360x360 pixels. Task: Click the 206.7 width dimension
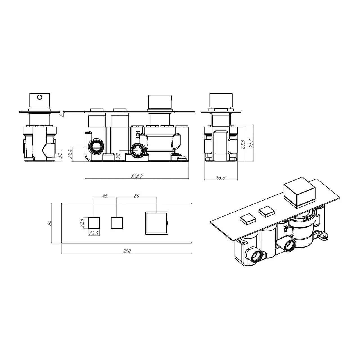(137, 176)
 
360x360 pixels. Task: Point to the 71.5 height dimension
(252, 143)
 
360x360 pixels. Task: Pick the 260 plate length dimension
(127, 251)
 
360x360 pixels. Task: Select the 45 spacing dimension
(105, 196)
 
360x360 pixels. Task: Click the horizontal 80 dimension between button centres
(137, 196)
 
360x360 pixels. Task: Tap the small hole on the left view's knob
(40, 97)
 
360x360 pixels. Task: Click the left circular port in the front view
(96, 147)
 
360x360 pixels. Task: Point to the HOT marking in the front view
(138, 134)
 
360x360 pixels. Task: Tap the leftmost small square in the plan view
(94, 223)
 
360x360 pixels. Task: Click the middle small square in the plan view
(116, 223)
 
